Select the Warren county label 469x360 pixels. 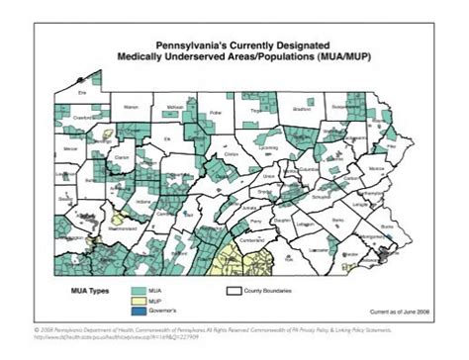131,105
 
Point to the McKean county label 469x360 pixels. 176,106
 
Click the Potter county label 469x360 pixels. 218,113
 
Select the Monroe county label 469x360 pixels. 376,169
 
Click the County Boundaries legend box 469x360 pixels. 234,292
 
